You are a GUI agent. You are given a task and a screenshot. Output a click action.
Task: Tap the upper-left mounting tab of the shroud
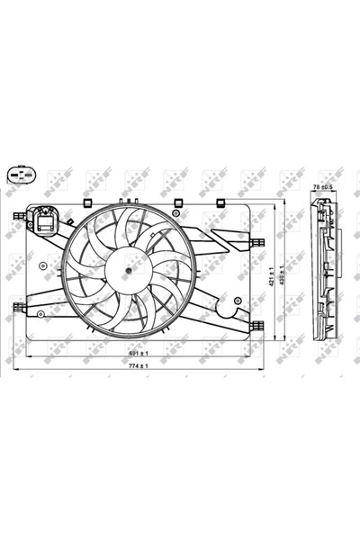click(x=18, y=216)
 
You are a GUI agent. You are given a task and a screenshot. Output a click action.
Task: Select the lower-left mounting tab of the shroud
click(x=18, y=308)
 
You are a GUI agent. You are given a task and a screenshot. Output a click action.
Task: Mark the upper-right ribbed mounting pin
click(x=256, y=241)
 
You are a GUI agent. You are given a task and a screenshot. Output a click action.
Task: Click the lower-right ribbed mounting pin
click(x=256, y=326)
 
